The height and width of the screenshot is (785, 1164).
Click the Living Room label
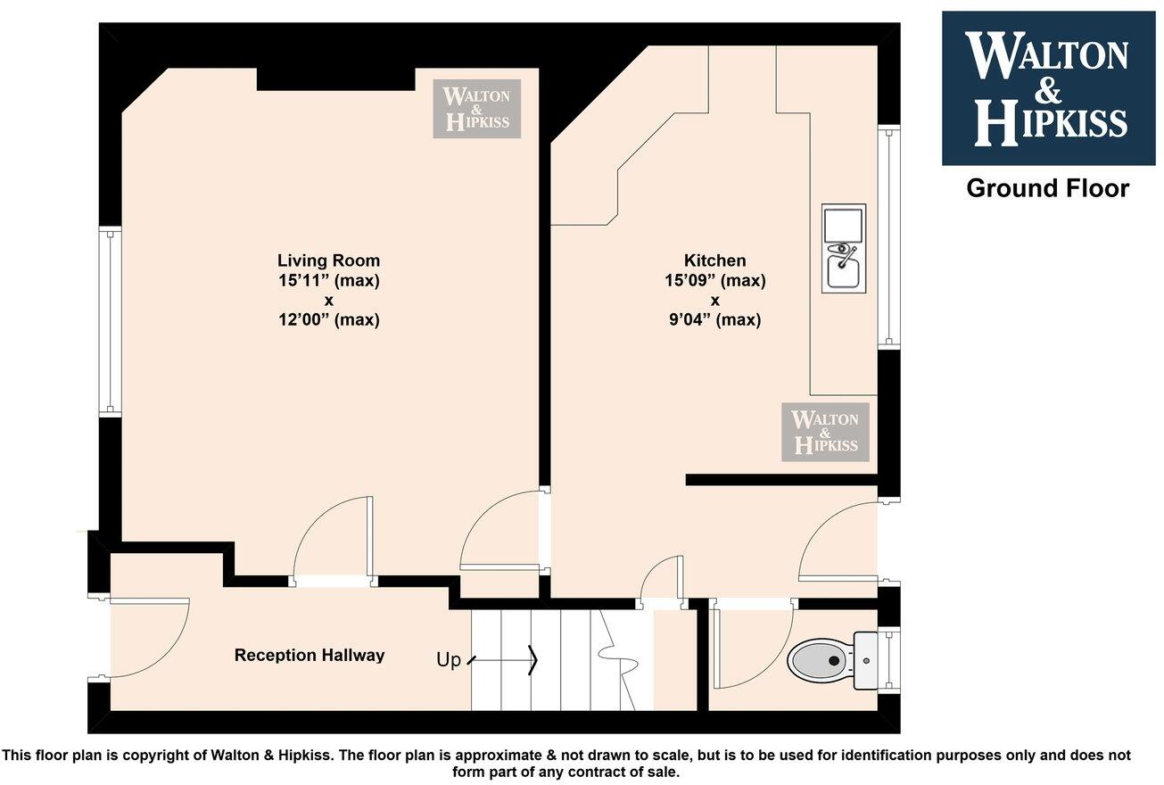pyautogui.click(x=328, y=260)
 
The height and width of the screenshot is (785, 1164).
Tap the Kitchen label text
pyautogui.click(x=714, y=260)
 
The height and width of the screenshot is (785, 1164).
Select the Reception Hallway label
pyautogui.click(x=309, y=656)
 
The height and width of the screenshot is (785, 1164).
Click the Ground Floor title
pyautogui.click(x=1047, y=188)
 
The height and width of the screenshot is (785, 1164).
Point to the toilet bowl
pyautogui.click(x=820, y=661)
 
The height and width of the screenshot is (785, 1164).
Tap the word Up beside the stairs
pyautogui.click(x=449, y=660)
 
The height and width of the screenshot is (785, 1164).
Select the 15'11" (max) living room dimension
pyautogui.click(x=328, y=280)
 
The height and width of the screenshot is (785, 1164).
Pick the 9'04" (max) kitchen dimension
pyautogui.click(x=714, y=319)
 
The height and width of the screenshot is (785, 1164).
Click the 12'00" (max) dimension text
pyautogui.click(x=328, y=319)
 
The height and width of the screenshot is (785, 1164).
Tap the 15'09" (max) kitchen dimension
pyautogui.click(x=714, y=280)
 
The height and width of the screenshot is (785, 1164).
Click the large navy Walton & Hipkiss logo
pyautogui.click(x=1048, y=88)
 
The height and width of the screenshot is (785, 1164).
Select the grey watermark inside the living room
pyautogui.click(x=476, y=109)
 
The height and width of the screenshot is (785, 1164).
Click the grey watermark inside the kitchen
pyautogui.click(x=825, y=432)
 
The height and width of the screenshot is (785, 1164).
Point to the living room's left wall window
pyautogui.click(x=110, y=322)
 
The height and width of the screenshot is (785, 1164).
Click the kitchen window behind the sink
pyautogui.click(x=888, y=236)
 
